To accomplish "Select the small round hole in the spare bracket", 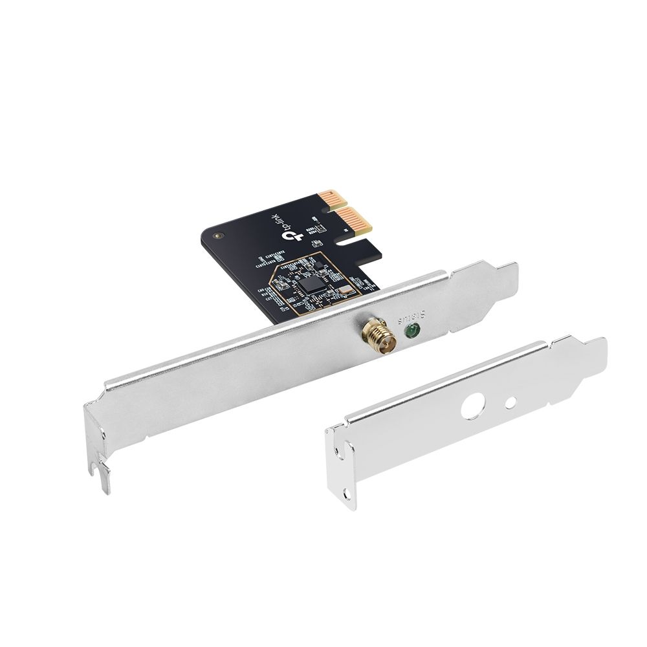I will click(x=512, y=402).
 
